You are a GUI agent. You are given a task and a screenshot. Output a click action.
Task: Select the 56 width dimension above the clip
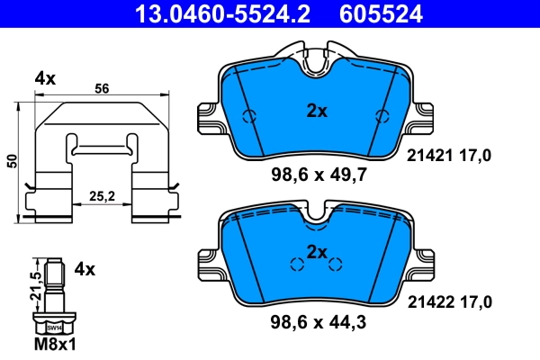pyautogui.click(x=101, y=88)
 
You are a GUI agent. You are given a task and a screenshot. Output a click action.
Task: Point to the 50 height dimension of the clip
pyautogui.click(x=12, y=159)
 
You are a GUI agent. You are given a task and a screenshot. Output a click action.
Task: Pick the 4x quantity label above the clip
pyautogui.click(x=45, y=79)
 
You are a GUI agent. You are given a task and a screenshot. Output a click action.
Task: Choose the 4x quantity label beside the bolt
pyautogui.click(x=85, y=268)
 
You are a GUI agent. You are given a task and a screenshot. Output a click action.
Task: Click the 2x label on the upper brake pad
pyautogui.click(x=316, y=112)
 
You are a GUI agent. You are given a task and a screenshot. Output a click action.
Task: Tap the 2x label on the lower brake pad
pyautogui.click(x=316, y=250)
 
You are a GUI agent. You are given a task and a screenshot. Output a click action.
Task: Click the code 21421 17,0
pyautogui.click(x=450, y=156)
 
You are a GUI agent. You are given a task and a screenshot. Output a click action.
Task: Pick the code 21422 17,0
pyautogui.click(x=450, y=305)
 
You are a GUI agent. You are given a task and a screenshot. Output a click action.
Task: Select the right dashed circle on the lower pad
pyautogui.click(x=336, y=264)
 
